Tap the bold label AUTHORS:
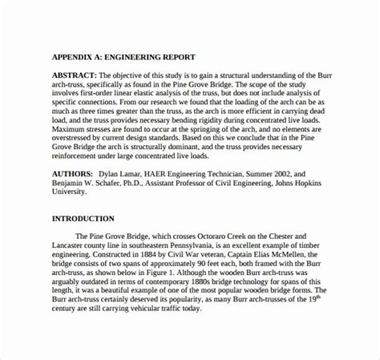74,173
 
